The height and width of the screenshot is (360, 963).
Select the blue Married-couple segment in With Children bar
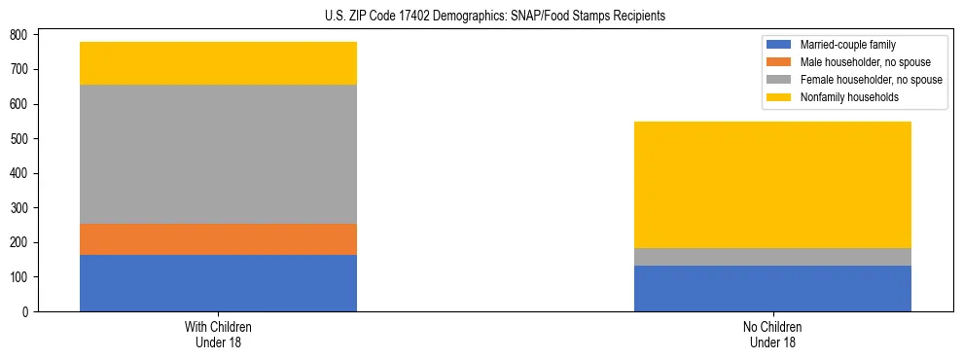(218, 283)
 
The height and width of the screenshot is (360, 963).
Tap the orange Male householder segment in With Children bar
(218, 239)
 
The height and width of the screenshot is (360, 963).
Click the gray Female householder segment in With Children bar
(218, 155)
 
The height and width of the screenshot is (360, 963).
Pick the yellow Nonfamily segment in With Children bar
(218, 63)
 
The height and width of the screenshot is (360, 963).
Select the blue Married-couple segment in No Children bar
(772, 288)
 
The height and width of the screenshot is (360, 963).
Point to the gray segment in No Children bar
(772, 257)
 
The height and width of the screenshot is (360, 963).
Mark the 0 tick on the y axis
(26, 312)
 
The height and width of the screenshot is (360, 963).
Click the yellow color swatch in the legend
(780, 97)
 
